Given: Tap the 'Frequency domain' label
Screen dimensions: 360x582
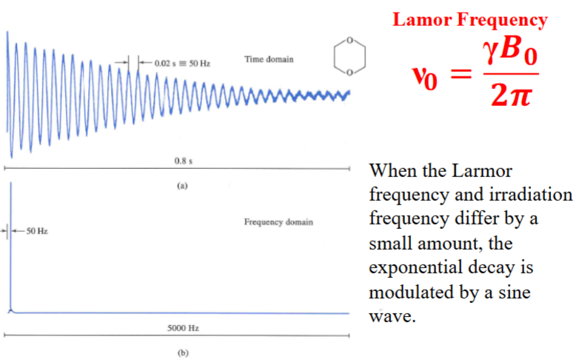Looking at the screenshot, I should [x=278, y=221].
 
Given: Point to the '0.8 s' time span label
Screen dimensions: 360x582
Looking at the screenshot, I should [x=179, y=161].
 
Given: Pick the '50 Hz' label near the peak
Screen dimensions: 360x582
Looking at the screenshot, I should [x=36, y=232].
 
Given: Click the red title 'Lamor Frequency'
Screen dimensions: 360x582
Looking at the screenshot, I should [x=469, y=20].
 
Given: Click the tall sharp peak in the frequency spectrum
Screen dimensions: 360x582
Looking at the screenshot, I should [x=11, y=244].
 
